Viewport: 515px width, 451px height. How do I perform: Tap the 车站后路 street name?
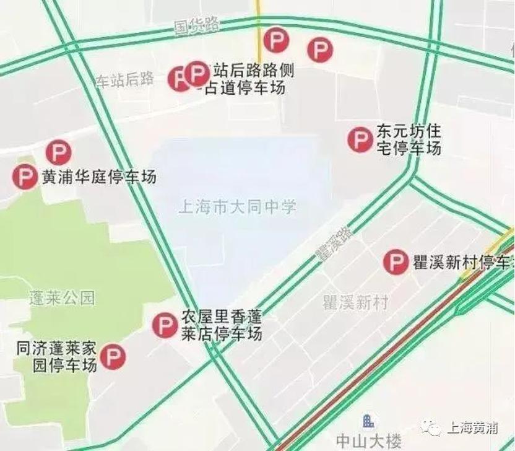pos(124,79)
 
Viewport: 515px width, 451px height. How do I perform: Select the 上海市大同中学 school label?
pos(237,206)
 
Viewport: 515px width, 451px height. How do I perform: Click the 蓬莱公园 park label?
pos(62,298)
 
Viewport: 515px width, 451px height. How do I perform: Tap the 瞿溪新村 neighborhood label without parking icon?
pos(355,302)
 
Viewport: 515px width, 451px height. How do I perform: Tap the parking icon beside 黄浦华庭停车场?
pos(25,177)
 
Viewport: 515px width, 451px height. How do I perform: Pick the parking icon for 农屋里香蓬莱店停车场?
pos(165,325)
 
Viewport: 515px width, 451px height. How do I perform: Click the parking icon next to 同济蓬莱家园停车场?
pos(113,357)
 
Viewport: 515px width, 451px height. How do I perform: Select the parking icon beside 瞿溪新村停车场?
pos(396,262)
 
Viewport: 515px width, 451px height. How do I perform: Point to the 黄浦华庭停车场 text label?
pos(98,177)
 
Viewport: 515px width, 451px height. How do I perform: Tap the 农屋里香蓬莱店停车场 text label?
pos(221,325)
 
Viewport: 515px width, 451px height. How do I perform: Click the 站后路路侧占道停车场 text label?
pos(248,79)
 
